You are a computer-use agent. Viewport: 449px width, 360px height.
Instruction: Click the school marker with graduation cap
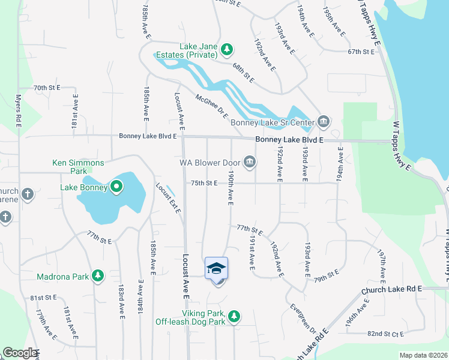point(217,268)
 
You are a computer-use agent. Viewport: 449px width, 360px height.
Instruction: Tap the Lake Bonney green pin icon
point(116,188)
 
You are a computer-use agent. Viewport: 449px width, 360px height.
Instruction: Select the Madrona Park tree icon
point(97,276)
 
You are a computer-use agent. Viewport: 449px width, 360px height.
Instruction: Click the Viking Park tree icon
point(234,316)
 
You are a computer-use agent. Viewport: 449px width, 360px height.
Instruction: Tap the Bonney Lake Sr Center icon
point(324,122)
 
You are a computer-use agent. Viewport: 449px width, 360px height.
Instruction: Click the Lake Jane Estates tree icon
point(226,49)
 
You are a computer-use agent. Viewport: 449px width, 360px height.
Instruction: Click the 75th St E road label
point(204,183)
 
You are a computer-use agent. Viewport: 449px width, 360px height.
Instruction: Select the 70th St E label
point(47,88)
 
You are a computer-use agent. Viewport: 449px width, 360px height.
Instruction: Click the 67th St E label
point(361,52)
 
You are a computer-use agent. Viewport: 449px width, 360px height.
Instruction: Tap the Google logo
point(19,353)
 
